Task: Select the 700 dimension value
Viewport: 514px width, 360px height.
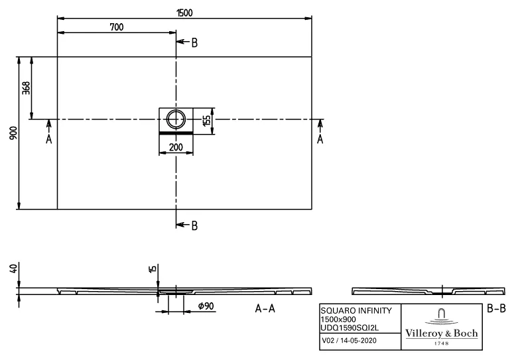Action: pos(117,27)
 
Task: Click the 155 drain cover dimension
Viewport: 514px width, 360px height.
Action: pos(207,120)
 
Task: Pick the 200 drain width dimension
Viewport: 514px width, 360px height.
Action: pos(176,147)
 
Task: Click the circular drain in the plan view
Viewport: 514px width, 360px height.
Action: pos(176,119)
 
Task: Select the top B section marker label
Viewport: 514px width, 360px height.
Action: pos(194,43)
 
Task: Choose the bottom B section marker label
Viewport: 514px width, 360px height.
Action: pos(194,225)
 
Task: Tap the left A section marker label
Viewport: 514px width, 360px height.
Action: pos(48,139)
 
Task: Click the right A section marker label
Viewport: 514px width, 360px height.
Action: pos(320,139)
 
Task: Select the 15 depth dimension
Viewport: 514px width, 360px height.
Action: pos(153,269)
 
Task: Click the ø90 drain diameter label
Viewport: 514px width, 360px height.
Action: pos(205,306)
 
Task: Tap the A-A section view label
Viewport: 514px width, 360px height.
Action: pos(265,309)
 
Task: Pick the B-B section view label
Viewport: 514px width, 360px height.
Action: pos(495,308)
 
